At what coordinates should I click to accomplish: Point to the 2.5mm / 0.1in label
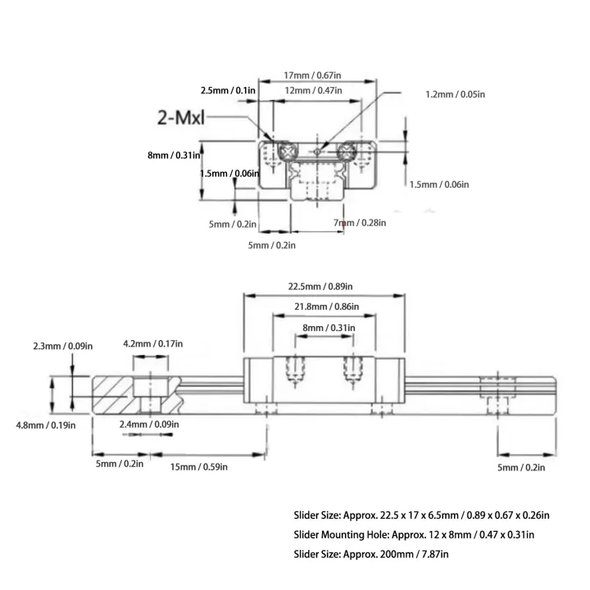(x=229, y=89)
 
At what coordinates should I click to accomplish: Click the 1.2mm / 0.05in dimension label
(x=455, y=94)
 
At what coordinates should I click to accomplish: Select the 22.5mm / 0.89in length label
(x=320, y=286)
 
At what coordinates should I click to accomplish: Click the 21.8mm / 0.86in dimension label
(x=324, y=306)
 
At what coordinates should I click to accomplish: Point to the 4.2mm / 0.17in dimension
(x=153, y=344)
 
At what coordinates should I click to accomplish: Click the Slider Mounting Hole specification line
(x=414, y=535)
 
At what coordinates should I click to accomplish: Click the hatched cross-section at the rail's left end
(x=115, y=394)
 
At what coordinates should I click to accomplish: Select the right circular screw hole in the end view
(x=351, y=150)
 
